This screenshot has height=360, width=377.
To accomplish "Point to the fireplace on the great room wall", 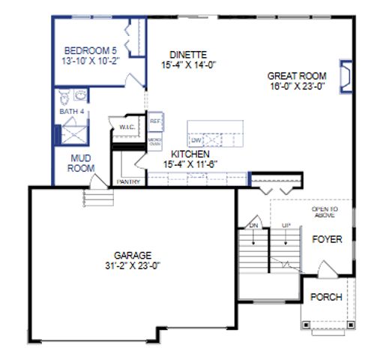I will tap(346, 76).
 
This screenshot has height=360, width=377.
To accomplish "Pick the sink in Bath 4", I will tap(80, 95).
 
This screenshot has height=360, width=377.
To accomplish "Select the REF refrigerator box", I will tap(155, 121).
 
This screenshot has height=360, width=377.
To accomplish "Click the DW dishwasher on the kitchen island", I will tap(196, 139).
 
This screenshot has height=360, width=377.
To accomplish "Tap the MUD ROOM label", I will tap(80, 163).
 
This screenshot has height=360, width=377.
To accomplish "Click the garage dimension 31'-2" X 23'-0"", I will tap(133, 264).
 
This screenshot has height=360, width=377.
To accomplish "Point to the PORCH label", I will tap(326, 297).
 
